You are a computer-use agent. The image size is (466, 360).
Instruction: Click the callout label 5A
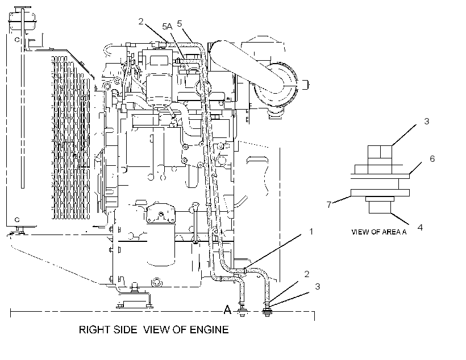point(167,27)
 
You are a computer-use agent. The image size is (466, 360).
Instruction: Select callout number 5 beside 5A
point(179,23)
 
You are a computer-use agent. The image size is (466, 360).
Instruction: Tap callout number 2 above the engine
point(141,21)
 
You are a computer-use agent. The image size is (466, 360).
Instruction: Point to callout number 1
point(311,231)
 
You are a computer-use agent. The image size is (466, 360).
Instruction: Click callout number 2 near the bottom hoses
point(307,274)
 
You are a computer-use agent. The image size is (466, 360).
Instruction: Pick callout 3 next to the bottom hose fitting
point(318,286)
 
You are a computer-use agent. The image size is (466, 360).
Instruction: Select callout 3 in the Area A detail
point(426,121)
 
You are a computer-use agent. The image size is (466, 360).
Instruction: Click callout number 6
point(432,158)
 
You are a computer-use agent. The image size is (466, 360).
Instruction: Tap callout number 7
point(329,204)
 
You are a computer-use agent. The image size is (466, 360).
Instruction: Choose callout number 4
point(420,227)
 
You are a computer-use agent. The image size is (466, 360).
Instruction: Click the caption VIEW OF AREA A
point(378,232)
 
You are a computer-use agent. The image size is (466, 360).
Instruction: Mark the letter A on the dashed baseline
point(227,309)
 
